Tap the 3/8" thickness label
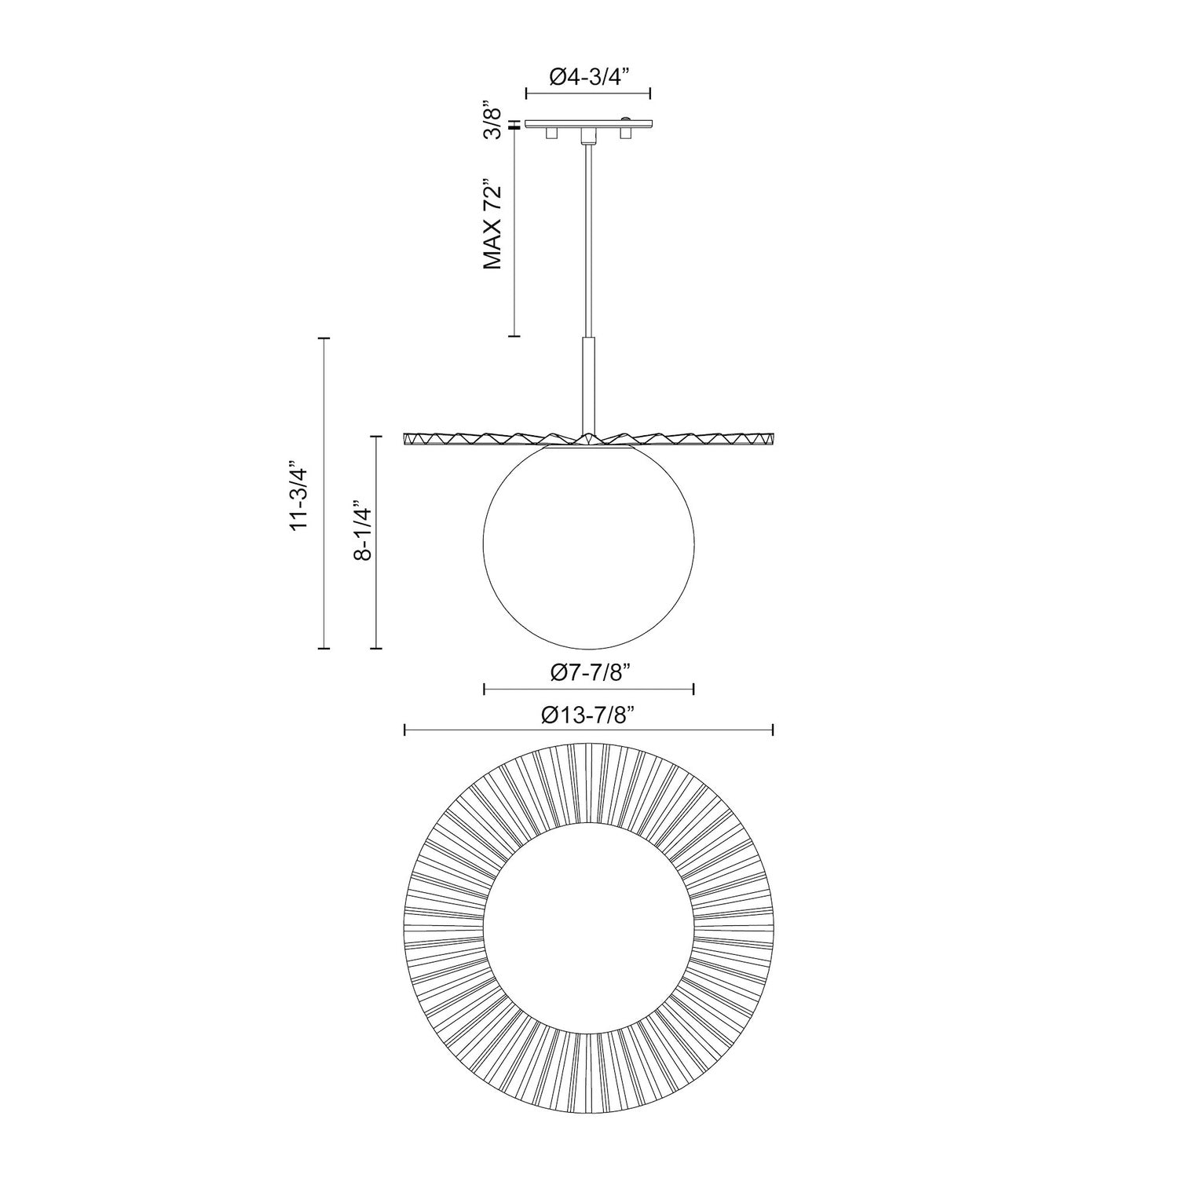(x=492, y=119)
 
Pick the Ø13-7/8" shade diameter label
(x=588, y=715)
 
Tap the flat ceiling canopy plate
(x=588, y=123)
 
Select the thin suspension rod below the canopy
(x=588, y=236)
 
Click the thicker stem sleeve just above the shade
(x=588, y=385)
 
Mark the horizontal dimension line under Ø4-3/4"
(x=588, y=93)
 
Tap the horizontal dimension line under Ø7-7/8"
(x=588, y=690)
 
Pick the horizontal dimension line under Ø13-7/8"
(x=588, y=730)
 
